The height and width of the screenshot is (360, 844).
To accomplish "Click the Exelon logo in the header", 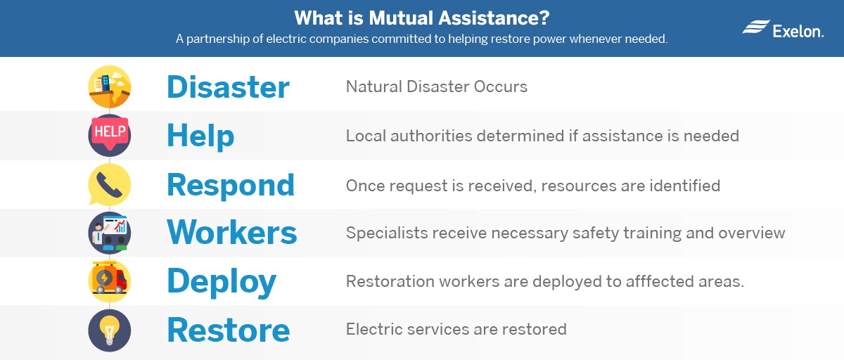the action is tap(783, 29).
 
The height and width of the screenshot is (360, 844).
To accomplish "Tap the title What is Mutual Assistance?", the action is tap(421, 18).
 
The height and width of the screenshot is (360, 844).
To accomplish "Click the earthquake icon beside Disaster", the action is tap(110, 86).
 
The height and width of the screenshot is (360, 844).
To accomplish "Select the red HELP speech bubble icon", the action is tap(110, 135).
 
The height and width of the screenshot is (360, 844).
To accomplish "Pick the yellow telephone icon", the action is tap(110, 184).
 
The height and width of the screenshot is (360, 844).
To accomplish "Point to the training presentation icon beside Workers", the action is tap(110, 233).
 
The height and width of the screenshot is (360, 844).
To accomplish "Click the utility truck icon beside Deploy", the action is tap(110, 281).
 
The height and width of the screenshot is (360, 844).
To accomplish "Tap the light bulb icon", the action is tap(110, 330).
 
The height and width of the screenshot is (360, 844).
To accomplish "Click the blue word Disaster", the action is tap(228, 87).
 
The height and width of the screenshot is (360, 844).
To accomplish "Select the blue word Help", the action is tap(200, 136).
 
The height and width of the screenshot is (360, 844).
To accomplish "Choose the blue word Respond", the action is tap(231, 185).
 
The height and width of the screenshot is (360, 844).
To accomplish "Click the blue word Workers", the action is tap(231, 232).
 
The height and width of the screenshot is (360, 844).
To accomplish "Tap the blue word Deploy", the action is tap(222, 282).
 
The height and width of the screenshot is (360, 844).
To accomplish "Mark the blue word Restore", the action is tap(229, 330).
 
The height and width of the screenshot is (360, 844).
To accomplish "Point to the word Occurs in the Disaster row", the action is tap(500, 86).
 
